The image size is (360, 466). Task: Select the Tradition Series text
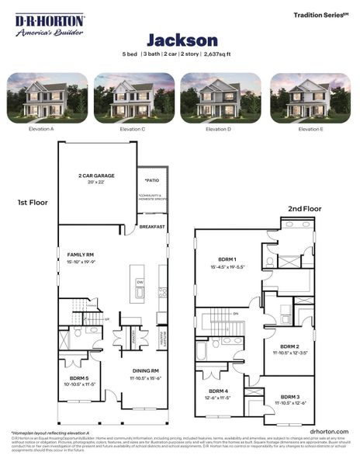coord(320,15)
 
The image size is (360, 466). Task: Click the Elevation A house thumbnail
coord(47,98)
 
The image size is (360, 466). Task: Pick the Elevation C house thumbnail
coord(133,98)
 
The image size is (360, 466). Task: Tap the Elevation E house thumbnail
coord(310,98)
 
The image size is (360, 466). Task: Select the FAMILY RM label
coord(81,255)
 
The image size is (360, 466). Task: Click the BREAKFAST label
coord(152,227)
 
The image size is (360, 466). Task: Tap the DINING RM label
coord(144,370)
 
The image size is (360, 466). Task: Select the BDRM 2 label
coord(289,346)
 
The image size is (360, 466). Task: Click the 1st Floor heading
coord(33,202)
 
